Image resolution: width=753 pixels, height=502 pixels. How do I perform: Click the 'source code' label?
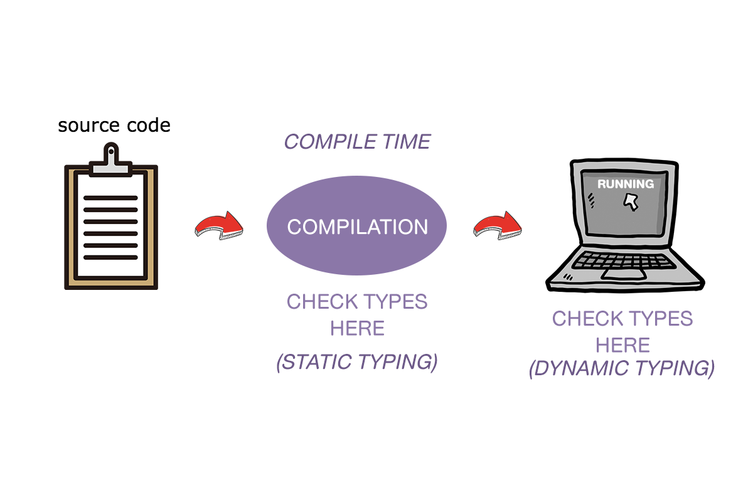pyautogui.click(x=114, y=125)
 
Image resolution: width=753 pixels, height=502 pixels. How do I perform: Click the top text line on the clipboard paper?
pyautogui.click(x=110, y=198)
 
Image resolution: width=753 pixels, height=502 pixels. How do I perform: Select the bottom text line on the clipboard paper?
pyautogui.click(x=110, y=257)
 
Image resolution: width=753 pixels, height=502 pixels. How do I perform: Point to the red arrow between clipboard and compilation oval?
pyautogui.click(x=218, y=224)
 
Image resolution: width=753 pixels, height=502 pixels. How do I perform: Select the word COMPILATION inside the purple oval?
pyautogui.click(x=357, y=227)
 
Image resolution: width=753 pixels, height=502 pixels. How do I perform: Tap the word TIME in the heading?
pyautogui.click(x=406, y=142)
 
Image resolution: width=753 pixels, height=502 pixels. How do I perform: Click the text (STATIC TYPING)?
pyautogui.click(x=357, y=363)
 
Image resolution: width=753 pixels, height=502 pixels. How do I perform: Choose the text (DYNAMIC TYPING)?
pyautogui.click(x=622, y=368)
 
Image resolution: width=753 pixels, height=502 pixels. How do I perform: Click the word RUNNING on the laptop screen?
pyautogui.click(x=625, y=184)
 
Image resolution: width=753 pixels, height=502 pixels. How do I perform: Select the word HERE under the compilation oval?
pyautogui.click(x=357, y=328)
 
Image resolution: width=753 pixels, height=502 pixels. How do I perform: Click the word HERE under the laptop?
pyautogui.click(x=622, y=345)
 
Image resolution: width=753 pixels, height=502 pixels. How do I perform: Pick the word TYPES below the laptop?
pyautogui.click(x=658, y=318)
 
